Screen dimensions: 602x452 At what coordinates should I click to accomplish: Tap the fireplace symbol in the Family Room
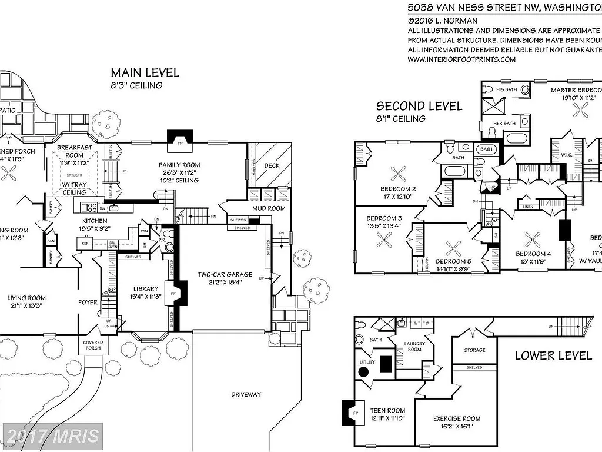click(177, 137)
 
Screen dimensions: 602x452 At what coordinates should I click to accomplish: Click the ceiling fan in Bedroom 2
click(399, 172)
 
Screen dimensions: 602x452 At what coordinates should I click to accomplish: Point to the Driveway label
click(246, 394)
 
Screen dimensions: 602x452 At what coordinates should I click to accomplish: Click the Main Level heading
click(145, 73)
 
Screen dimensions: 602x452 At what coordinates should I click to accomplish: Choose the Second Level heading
click(419, 106)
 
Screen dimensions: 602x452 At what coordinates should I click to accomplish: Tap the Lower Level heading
click(553, 355)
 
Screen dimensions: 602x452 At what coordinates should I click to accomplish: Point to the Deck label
click(272, 165)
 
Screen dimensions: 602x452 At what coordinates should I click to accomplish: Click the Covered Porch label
click(93, 345)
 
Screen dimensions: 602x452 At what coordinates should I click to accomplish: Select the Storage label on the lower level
click(474, 350)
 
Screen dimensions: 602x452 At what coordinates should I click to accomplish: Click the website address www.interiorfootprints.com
click(461, 59)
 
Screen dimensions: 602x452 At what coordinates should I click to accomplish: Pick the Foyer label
click(88, 302)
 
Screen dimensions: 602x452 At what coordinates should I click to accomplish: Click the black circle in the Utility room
click(363, 372)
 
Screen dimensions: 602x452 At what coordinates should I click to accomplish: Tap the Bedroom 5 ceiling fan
click(453, 247)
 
